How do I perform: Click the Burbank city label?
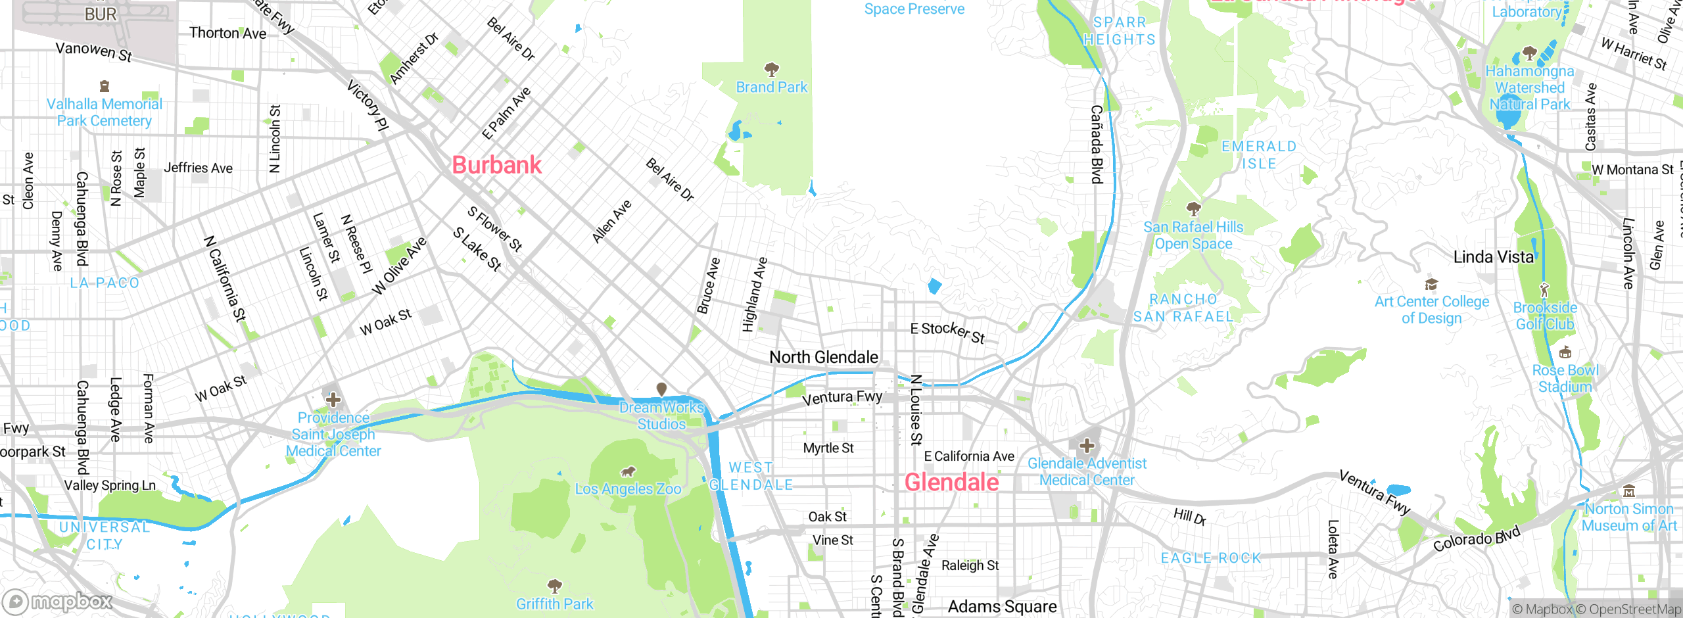pyautogui.click(x=496, y=165)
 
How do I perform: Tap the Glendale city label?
pyautogui.click(x=951, y=483)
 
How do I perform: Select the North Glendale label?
pyautogui.click(x=823, y=357)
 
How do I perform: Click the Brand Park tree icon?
pyautogui.click(x=772, y=69)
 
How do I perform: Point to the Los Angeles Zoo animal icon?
pyautogui.click(x=628, y=471)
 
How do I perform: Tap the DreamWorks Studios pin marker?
pyautogui.click(x=662, y=390)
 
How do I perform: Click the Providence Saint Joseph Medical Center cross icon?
pyautogui.click(x=333, y=399)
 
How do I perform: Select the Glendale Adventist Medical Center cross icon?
pyautogui.click(x=1087, y=446)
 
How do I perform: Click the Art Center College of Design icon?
pyautogui.click(x=1431, y=284)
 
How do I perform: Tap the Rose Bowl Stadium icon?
pyautogui.click(x=1565, y=352)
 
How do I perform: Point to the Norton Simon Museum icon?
pyautogui.click(x=1629, y=491)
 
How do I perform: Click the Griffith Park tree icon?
pyautogui.click(x=555, y=585)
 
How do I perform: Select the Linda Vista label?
pyautogui.click(x=1493, y=257)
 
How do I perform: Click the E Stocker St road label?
pyautogui.click(x=947, y=332)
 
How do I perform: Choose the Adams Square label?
pyautogui.click(x=1002, y=606)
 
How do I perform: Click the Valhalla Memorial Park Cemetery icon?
pyautogui.click(x=104, y=86)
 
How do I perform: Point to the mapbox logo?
pyautogui.click(x=58, y=602)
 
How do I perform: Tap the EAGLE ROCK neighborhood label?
pyautogui.click(x=1210, y=558)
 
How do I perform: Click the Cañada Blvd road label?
pyautogui.click(x=1096, y=144)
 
